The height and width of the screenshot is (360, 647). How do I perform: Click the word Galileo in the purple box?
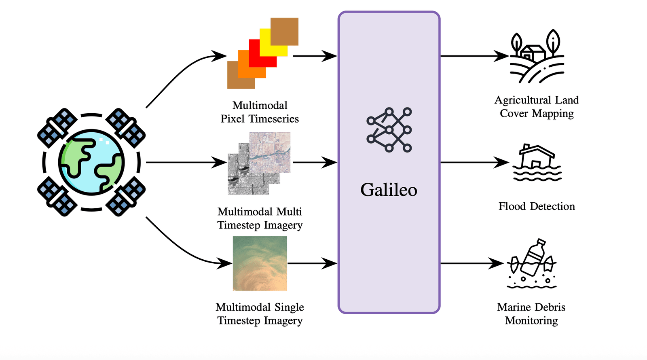(389, 190)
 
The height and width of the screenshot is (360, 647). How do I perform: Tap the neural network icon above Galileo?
(389, 129)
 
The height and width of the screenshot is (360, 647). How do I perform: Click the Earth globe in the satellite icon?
(91, 162)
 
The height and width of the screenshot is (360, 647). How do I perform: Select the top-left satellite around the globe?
(57, 128)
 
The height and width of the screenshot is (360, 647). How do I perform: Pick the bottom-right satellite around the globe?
(126, 197)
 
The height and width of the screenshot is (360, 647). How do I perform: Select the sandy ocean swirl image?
(260, 263)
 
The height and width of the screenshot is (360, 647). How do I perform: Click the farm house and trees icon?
(537, 57)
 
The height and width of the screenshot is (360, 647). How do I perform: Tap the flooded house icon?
(537, 163)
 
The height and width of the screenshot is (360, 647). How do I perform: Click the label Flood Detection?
(536, 206)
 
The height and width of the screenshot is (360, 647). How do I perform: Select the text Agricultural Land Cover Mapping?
(537, 107)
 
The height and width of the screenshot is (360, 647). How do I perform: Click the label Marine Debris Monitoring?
(531, 314)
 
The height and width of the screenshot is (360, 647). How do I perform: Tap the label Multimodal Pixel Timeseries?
(260, 112)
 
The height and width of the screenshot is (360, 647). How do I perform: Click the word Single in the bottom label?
(289, 307)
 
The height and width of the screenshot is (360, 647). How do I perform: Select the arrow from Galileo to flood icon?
(473, 162)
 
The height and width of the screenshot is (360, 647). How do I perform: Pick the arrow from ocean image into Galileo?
(311, 263)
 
